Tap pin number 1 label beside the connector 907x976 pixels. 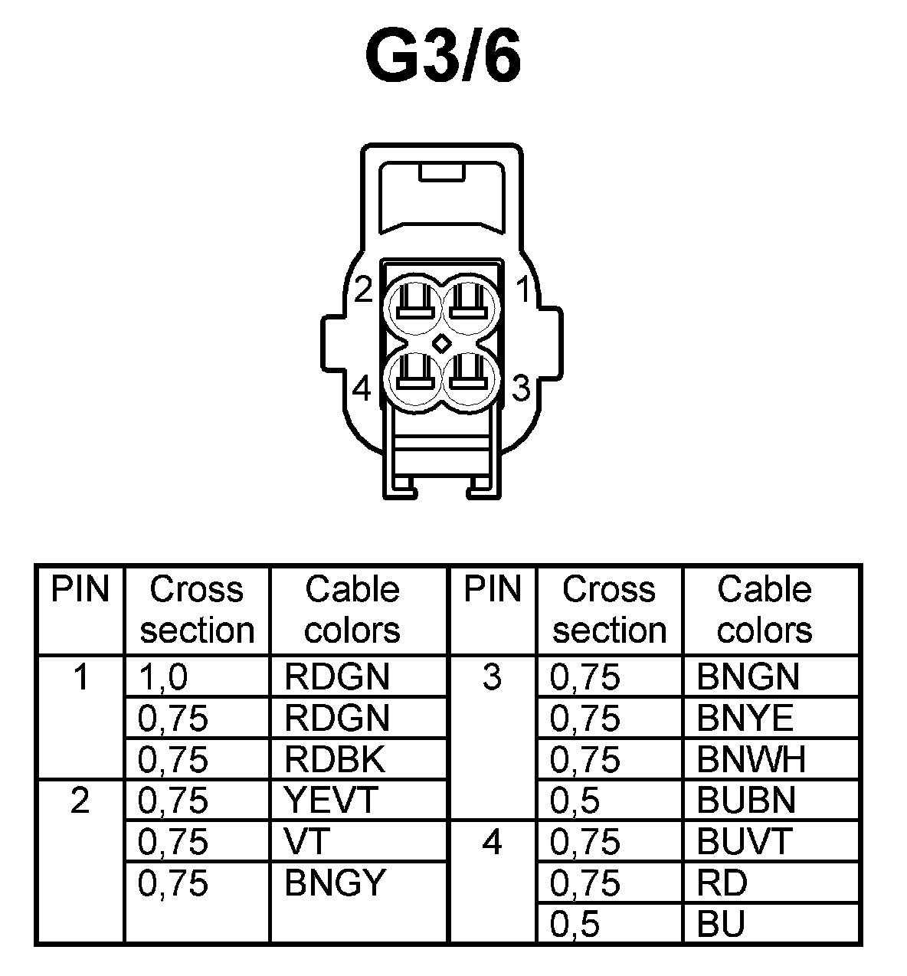click(x=524, y=290)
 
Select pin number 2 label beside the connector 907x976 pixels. click(x=363, y=290)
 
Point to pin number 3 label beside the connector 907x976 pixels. click(x=521, y=388)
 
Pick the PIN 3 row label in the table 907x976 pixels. click(x=493, y=677)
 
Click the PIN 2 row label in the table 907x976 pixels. click(x=80, y=801)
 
